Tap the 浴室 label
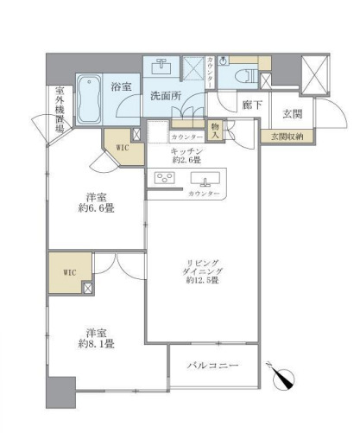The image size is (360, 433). coord(122,86)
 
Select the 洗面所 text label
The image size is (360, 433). coord(164,95)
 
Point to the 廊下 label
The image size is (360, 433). coord(252,104)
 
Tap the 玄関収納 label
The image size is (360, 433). coord(287,136)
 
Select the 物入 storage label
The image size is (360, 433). coord(215,131)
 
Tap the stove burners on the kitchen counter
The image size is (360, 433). coord(165,179)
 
